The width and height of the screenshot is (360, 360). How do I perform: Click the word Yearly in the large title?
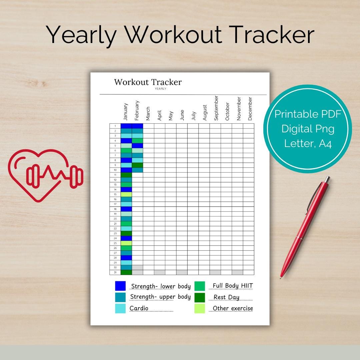pos(81,35)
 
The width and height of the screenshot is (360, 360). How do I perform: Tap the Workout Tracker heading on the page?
pos(148,82)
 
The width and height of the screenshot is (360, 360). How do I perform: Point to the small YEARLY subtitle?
pos(160,89)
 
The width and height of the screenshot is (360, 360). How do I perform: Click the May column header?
pos(171,116)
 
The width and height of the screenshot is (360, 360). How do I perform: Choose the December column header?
pos(250,109)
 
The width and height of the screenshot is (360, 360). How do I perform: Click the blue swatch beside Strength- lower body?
pos(120,286)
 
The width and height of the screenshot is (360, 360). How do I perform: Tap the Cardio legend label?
pos(139,308)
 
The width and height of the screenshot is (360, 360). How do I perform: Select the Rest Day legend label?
pos(226,297)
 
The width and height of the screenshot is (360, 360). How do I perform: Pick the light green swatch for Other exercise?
pos(200,308)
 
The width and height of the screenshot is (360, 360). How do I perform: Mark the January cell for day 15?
pos(126,194)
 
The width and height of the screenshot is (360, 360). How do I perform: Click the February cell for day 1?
pos(137,126)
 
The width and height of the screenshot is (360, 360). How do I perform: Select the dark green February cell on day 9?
pos(137,165)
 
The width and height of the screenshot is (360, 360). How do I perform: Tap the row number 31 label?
pos(115,272)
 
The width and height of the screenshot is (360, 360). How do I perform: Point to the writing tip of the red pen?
pos(281,277)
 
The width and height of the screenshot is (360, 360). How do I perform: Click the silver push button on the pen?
pos(327,179)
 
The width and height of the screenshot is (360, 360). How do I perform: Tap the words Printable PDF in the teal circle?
pos(308,114)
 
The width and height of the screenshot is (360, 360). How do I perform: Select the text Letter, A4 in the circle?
pos(308,144)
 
